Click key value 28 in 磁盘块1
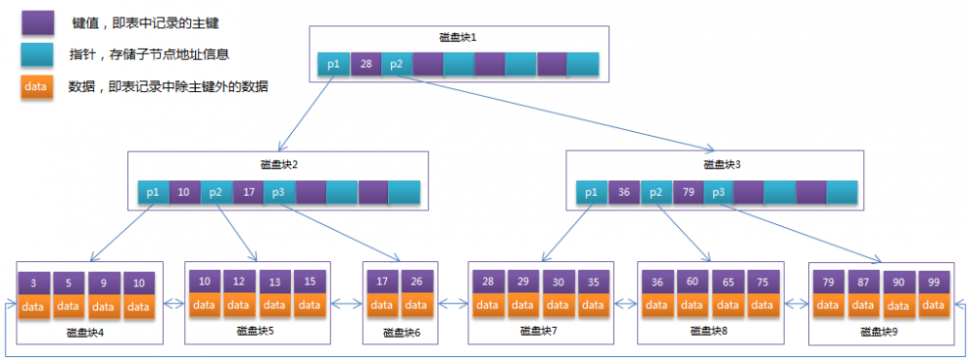tap(366, 64)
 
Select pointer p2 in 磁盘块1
tap(396, 64)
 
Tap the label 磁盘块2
tap(280, 165)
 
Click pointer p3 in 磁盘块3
tap(718, 192)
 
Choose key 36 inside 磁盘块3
tap(624, 192)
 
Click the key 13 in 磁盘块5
tap(275, 281)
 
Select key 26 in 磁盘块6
tap(416, 281)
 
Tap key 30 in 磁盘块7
tap(558, 281)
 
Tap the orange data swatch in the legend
tap(36, 86)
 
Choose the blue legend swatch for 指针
tap(36, 54)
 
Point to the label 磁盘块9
tap(880, 332)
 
